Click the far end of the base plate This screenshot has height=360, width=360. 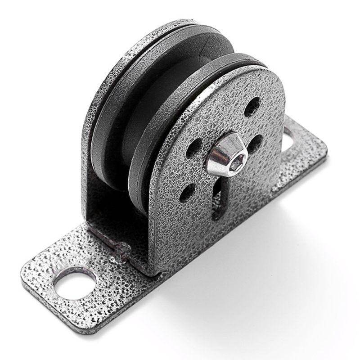315,144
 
